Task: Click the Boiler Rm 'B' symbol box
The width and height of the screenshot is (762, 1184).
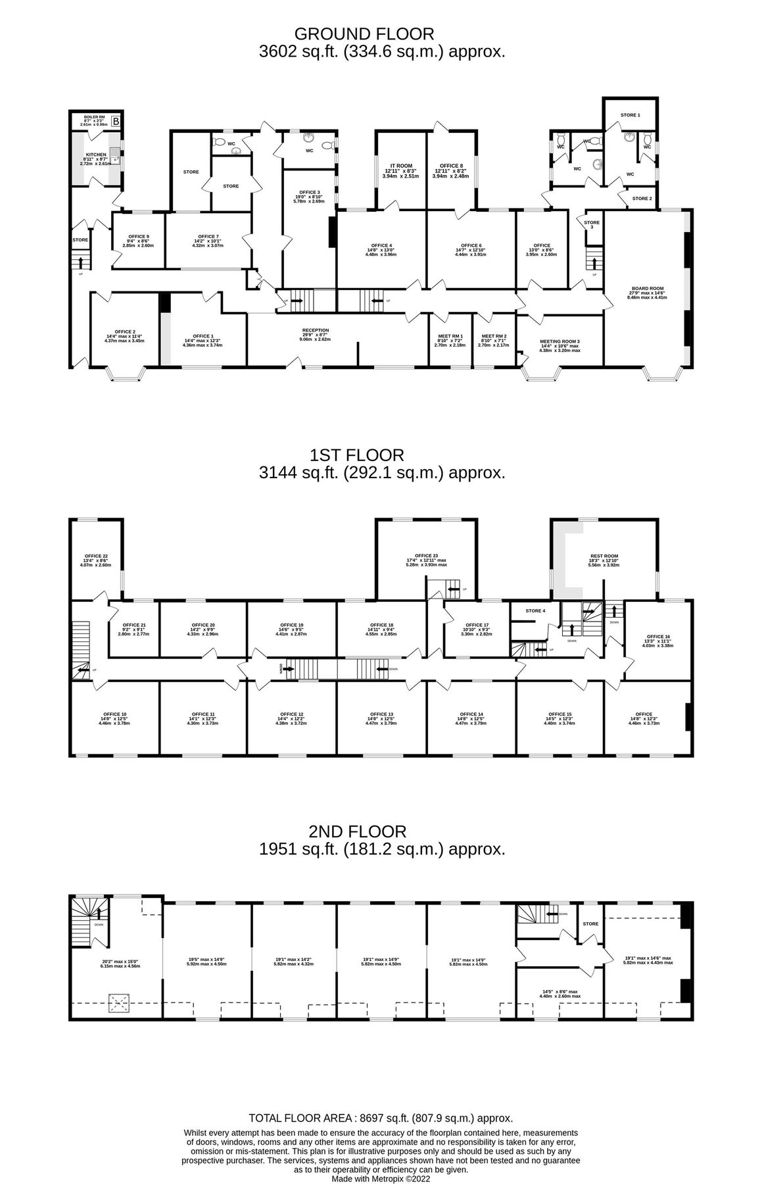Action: coord(116,121)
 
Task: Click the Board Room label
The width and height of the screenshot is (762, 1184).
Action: coord(648,289)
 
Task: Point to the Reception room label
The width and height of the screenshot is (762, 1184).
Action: coord(316,330)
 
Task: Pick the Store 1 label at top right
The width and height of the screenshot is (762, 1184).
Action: coord(630,115)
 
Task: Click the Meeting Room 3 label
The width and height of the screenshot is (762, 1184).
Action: coord(560,341)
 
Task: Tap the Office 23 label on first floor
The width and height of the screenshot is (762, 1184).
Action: coord(426,556)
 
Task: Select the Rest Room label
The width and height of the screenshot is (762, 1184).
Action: coord(604,556)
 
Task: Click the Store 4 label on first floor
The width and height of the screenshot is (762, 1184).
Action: coord(535,611)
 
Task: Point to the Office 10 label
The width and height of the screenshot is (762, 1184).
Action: coord(114,714)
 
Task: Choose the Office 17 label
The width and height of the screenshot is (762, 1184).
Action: coord(477,625)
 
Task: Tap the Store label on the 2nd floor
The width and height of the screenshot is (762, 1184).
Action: coord(590,924)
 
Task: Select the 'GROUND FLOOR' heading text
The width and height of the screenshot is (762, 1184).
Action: coord(364,34)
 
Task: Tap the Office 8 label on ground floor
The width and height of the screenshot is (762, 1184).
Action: coord(451,166)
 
